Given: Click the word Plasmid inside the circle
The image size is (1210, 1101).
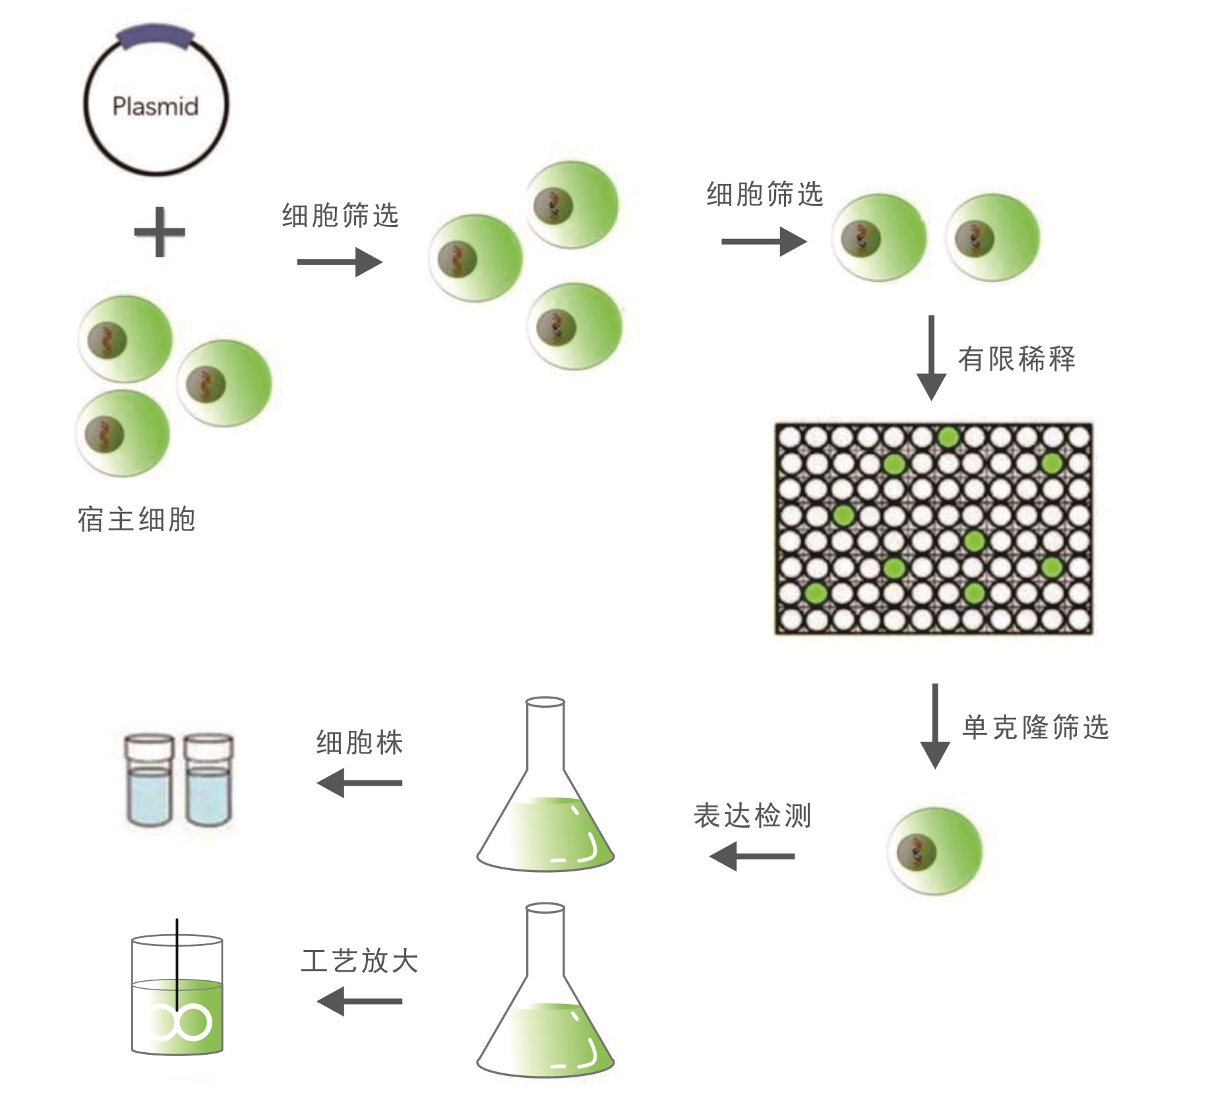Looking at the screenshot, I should click(155, 106).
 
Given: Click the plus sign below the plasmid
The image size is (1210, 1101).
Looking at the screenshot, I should click(159, 232).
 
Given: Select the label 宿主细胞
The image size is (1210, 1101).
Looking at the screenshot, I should click(136, 520).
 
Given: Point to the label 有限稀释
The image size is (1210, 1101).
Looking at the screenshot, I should click(1017, 360).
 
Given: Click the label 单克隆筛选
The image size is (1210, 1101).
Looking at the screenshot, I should click(1035, 727).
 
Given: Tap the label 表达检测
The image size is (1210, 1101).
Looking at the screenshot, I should click(752, 816).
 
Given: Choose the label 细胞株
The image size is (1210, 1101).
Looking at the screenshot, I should click(359, 743).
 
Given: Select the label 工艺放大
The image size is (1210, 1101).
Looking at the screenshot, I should click(359, 961).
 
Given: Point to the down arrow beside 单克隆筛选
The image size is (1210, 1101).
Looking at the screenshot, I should click(934, 726).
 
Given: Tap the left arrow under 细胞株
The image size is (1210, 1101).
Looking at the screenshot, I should click(359, 784).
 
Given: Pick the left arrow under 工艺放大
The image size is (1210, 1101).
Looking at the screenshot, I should click(359, 1001).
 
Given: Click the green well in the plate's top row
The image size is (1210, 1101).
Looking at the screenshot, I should click(948, 437).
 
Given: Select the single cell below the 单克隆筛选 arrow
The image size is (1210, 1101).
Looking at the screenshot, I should click(934, 850).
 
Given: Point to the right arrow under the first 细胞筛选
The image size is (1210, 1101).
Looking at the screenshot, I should click(340, 263).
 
